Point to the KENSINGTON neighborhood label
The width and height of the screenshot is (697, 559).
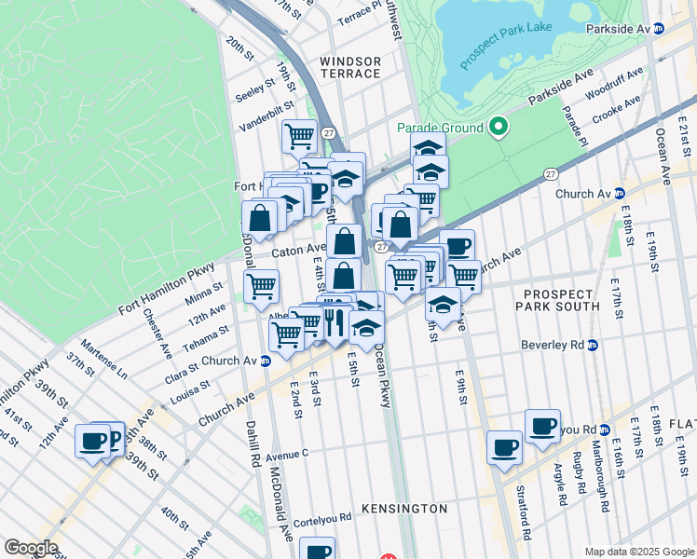point(408,509)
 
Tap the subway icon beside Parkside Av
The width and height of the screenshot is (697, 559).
point(659,29)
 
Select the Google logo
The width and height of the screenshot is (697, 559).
point(31,548)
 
